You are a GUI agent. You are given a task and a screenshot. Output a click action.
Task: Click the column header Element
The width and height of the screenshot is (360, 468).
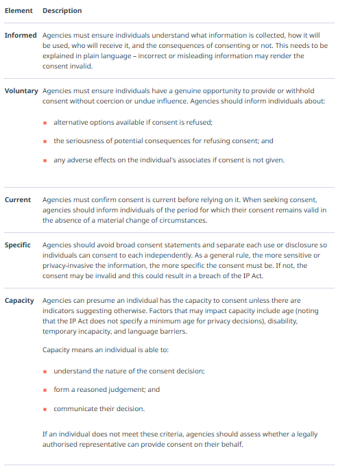18,11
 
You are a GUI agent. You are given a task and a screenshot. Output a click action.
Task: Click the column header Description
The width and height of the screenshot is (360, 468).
62,11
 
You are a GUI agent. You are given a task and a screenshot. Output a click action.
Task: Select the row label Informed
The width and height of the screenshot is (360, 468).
21,35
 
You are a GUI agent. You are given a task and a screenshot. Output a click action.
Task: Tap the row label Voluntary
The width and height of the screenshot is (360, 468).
21,90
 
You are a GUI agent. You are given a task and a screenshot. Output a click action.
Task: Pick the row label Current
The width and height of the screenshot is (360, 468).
18,199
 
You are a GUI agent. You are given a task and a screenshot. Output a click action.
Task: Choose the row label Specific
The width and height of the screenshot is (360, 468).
18,245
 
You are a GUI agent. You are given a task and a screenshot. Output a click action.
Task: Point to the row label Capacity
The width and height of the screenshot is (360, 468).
19,300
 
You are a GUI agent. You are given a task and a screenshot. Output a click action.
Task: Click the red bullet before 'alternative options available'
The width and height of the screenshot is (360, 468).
45,123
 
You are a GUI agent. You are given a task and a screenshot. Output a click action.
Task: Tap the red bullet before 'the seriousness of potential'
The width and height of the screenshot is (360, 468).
45,141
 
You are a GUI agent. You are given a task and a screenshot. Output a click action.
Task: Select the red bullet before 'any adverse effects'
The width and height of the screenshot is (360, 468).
45,160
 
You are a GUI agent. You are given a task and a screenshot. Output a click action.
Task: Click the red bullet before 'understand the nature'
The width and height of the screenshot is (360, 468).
45,371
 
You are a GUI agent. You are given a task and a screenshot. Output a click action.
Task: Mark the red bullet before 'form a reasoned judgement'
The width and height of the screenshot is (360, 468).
45,390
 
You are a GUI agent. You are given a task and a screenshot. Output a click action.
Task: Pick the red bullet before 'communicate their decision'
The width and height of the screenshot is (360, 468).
45,409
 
